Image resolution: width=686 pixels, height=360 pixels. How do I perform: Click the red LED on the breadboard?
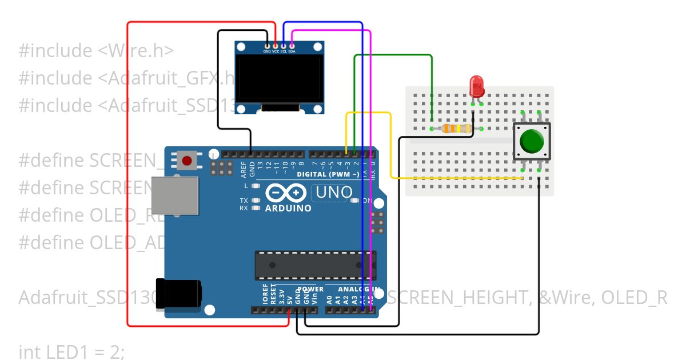click(x=476, y=86)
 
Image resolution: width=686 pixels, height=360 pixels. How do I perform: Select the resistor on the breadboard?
click(x=456, y=129)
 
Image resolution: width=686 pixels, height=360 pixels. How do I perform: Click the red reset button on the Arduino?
click(x=187, y=161)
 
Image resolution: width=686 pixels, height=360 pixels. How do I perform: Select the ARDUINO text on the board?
click(x=288, y=209)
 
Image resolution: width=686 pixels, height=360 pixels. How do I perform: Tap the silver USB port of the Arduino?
click(x=174, y=195)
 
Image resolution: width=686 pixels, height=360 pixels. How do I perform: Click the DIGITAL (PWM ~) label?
click(x=328, y=174)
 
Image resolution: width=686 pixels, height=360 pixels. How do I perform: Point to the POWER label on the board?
click(x=310, y=289)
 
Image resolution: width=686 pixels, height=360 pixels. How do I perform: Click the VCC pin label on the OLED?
click(x=276, y=51)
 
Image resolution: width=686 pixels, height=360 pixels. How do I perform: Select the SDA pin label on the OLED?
click(x=292, y=51)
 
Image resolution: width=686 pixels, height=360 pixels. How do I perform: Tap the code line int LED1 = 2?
click(x=71, y=352)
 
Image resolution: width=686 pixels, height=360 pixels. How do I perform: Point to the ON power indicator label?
click(x=366, y=201)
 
